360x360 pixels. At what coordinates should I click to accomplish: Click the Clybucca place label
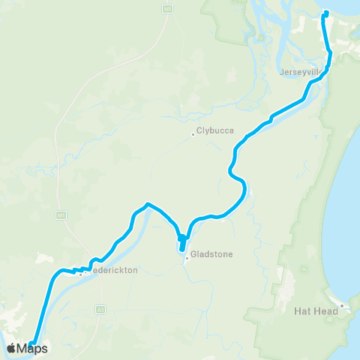pos(216,130)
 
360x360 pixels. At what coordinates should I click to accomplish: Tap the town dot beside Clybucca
pos(193,135)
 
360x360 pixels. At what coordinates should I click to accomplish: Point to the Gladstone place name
pos(212,254)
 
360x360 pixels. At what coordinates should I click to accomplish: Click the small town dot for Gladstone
pos(187,259)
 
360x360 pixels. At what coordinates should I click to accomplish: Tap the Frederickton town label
pos(112,271)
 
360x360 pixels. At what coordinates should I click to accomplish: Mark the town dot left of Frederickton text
pos(80,274)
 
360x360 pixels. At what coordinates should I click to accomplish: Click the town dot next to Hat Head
pos(341,305)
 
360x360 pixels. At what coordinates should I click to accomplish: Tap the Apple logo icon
pos(13,348)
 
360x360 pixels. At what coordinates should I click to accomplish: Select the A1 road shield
pos(99,308)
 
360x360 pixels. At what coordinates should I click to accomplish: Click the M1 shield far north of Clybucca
pos(168,8)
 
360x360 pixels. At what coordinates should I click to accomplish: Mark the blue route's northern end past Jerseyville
pos(325,12)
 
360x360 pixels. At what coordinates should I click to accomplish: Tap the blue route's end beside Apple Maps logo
pos(32,344)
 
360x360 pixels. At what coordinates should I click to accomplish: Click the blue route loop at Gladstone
pos(182,243)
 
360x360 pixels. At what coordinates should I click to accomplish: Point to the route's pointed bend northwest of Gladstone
pos(148,203)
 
